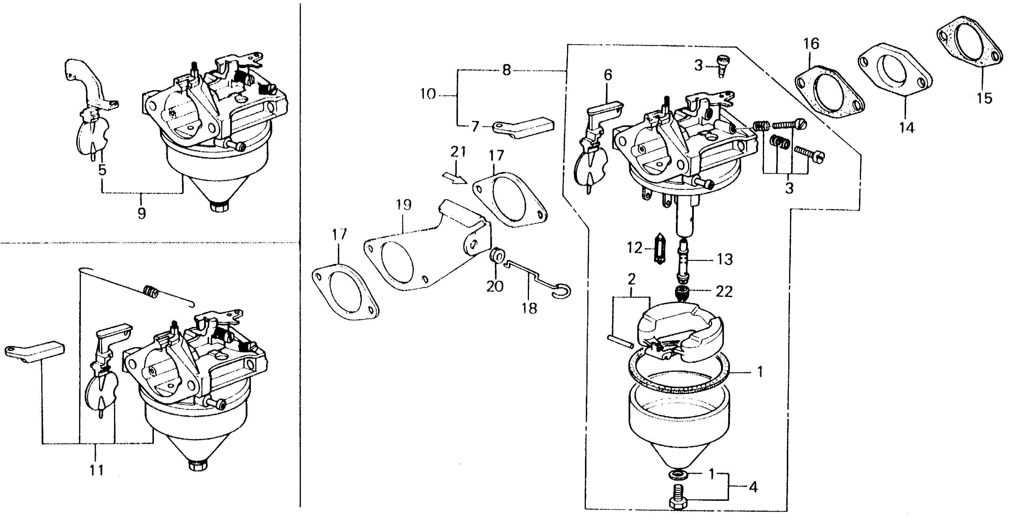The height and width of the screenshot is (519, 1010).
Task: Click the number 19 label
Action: pyautogui.click(x=403, y=205)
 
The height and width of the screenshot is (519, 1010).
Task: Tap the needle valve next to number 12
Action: pyautogui.click(x=660, y=248)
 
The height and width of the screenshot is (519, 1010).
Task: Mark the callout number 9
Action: pyautogui.click(x=141, y=213)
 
